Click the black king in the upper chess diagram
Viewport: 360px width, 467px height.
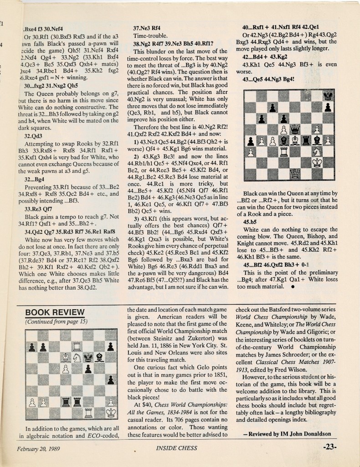tap(328, 95)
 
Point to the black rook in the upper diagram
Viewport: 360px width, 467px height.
tap(306, 140)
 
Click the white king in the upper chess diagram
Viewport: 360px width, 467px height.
tap(317, 163)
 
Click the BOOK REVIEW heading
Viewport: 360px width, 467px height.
tap(55, 312)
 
